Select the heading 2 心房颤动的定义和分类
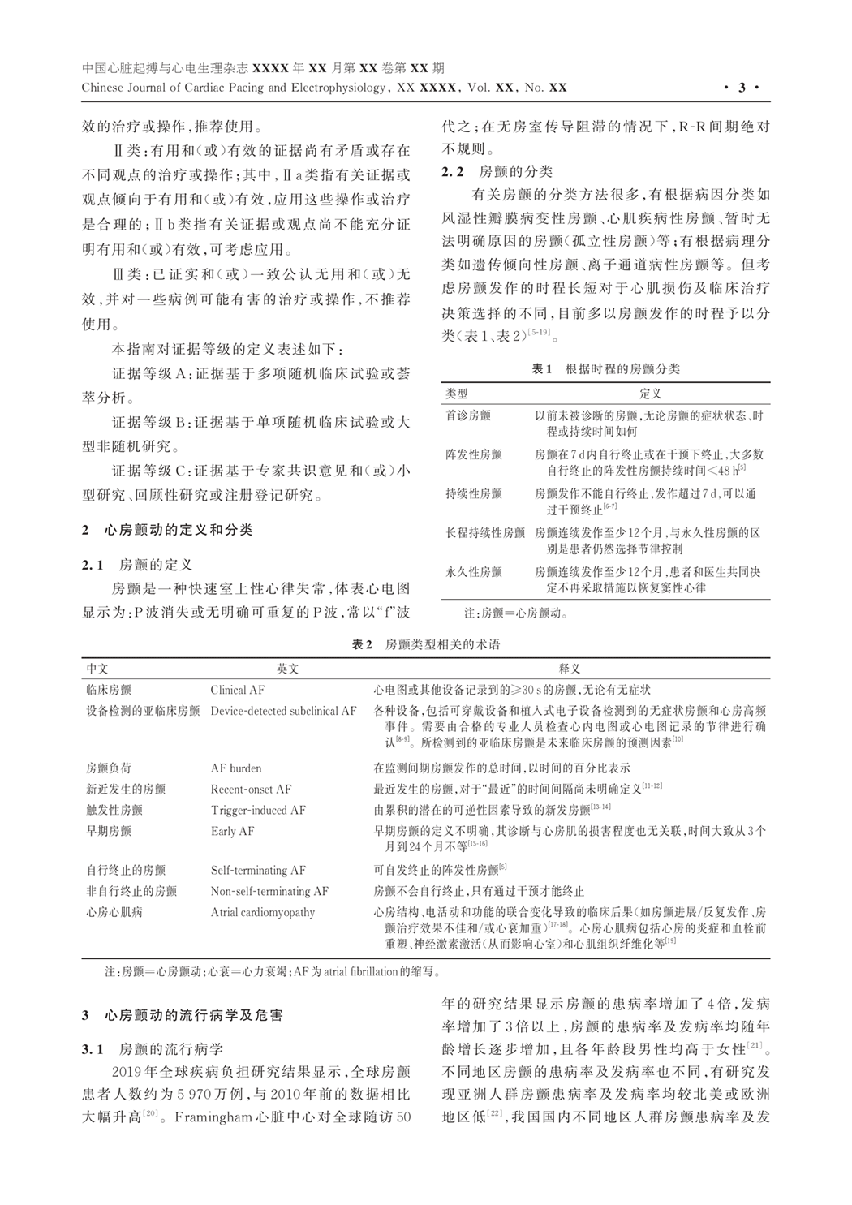pyautogui.click(x=167, y=530)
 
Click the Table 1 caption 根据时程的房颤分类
pyautogui.click(x=605, y=368)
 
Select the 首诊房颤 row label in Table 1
pyautogui.click(x=468, y=415)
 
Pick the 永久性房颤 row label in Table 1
pyautogui.click(x=474, y=571)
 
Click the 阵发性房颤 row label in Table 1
pyautogui.click(x=474, y=454)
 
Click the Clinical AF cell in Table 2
pyautogui.click(x=238, y=690)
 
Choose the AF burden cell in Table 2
pyautogui.click(x=236, y=768)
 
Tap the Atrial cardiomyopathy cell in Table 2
pyautogui.click(x=262, y=912)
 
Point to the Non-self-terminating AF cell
pyautogui.click(x=269, y=891)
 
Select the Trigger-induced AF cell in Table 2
pyautogui.click(x=258, y=810)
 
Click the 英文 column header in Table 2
pyautogui.click(x=287, y=669)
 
